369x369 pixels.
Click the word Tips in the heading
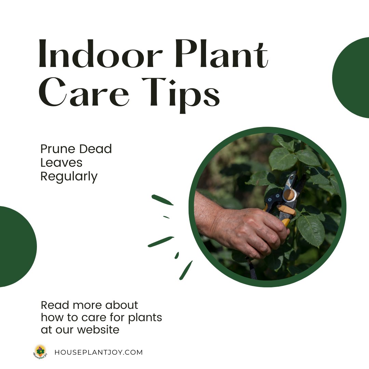(x=181, y=93)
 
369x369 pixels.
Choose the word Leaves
(x=61, y=163)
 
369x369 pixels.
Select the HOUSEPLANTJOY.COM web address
(x=98, y=352)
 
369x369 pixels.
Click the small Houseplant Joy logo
(x=40, y=352)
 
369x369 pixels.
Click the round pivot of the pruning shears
(x=289, y=195)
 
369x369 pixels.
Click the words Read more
(x=72, y=305)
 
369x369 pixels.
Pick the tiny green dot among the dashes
(x=166, y=217)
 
